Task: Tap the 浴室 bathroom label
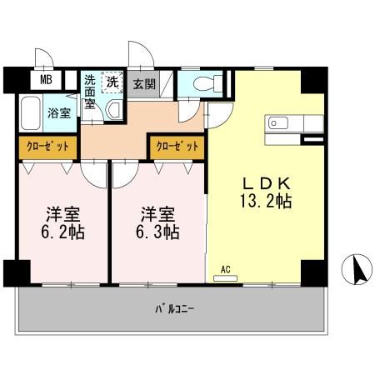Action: pos(57,113)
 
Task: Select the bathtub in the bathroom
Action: pos(31,113)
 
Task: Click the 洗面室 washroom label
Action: pos(90,92)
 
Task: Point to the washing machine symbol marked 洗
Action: pos(112,82)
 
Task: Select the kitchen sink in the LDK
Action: pos(277,124)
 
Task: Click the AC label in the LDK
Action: pos(225,268)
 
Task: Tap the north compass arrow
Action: pos(357,269)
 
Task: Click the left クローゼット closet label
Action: pos(47,147)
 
